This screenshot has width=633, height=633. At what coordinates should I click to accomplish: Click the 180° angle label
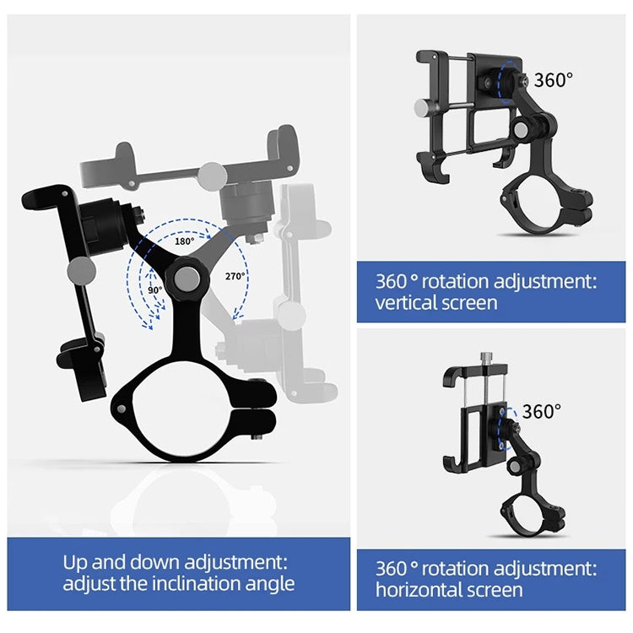pyautogui.click(x=184, y=241)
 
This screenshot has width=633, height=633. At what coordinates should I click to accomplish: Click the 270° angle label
pyautogui.click(x=235, y=276)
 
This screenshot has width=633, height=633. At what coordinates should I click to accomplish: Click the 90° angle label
pyautogui.click(x=155, y=289)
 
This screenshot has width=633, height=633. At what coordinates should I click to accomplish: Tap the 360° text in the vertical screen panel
pyautogui.click(x=553, y=80)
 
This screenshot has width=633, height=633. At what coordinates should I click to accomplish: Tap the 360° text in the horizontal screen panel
pyautogui.click(x=541, y=412)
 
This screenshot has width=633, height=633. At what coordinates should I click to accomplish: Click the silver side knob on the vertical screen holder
pyautogui.click(x=420, y=107)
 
